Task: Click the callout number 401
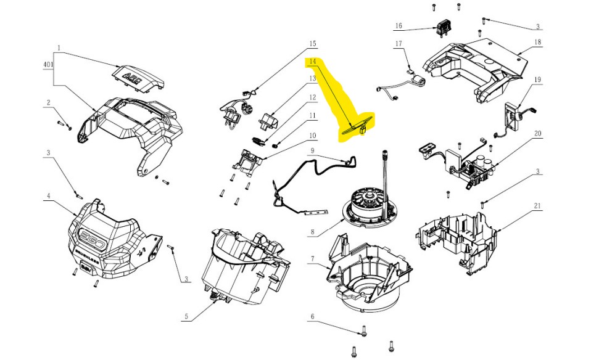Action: [x=48, y=65]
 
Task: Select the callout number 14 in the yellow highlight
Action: [x=312, y=61]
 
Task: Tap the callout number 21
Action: [x=537, y=206]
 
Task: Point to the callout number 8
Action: [x=312, y=232]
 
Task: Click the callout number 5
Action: [x=186, y=316]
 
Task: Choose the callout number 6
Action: [x=312, y=317]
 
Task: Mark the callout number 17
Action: [x=399, y=44]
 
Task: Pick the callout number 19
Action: [x=537, y=80]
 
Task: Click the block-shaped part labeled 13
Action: [x=269, y=121]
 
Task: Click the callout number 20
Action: [x=537, y=134]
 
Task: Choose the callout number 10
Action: [x=312, y=136]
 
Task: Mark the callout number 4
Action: [x=48, y=196]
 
